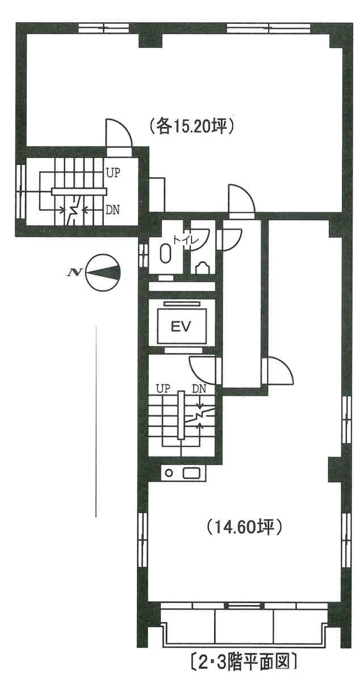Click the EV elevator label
[181, 326]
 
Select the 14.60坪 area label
[245, 527]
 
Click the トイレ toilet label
[186, 240]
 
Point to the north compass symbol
[102, 272]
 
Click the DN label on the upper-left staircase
[113, 210]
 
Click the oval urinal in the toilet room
[165, 253]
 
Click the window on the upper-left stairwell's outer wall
[20, 191]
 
